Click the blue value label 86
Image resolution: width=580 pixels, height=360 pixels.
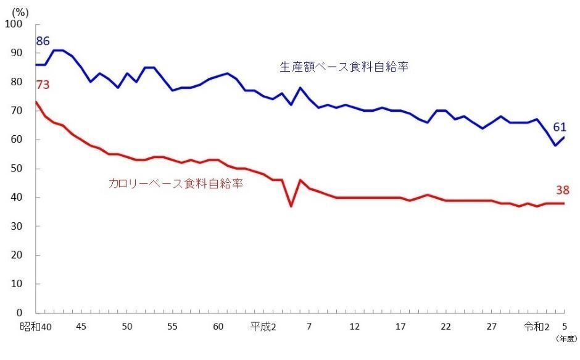tap(43, 42)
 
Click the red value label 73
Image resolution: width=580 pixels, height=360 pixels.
tap(43, 85)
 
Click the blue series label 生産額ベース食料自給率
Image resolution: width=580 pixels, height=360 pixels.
tap(344, 67)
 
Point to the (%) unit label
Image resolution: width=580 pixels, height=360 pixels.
tap(21, 10)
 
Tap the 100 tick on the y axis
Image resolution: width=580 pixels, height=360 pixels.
tap(14, 24)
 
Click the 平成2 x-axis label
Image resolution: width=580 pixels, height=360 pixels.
tap(263, 326)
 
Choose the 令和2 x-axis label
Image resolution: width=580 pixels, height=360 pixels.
tap(536, 326)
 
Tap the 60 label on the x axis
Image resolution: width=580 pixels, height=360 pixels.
tap(218, 326)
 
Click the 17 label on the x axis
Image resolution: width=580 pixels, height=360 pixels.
tap(400, 326)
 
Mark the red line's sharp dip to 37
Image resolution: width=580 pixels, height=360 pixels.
tap(291, 206)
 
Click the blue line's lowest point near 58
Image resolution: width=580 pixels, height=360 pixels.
tap(555, 145)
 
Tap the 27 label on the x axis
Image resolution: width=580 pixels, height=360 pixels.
tap(492, 326)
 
